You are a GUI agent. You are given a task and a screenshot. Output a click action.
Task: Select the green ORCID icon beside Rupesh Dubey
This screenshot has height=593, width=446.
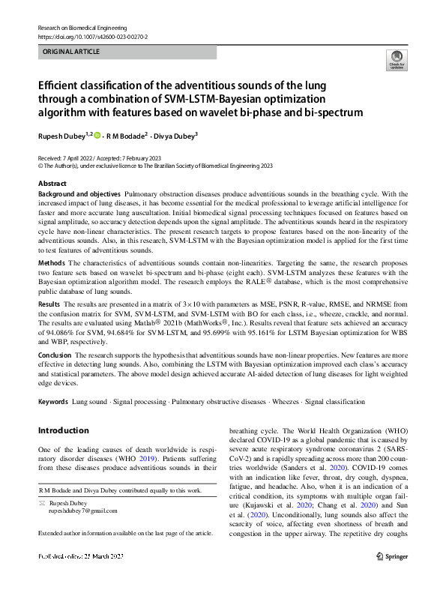click(x=97, y=136)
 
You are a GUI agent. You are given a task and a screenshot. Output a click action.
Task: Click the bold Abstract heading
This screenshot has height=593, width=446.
click(x=52, y=183)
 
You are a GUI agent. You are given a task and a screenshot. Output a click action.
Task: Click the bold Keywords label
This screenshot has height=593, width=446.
click(x=53, y=402)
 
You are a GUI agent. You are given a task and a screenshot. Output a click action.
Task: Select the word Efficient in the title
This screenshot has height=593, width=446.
click(x=65, y=85)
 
